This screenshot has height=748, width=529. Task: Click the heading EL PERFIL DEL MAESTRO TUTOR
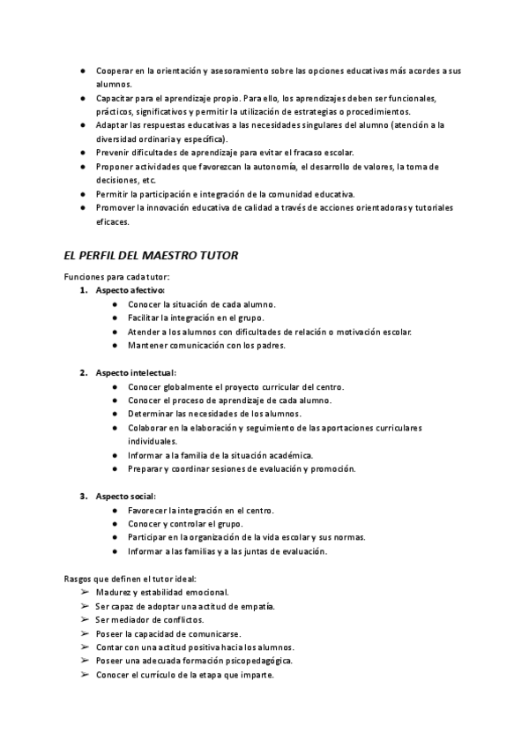point(151,256)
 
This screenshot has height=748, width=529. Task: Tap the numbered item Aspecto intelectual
point(136,373)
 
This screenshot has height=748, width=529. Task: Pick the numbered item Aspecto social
point(126,496)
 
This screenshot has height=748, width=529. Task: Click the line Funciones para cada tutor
point(116,277)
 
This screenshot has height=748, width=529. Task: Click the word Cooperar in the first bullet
point(115,70)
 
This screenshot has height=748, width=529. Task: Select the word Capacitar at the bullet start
point(116,98)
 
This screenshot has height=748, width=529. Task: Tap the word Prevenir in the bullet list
point(115,153)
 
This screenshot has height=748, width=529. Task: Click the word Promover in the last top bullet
point(116,207)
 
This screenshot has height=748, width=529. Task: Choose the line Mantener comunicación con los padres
point(206,345)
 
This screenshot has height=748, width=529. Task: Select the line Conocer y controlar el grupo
point(185,524)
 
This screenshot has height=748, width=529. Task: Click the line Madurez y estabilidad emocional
point(162,593)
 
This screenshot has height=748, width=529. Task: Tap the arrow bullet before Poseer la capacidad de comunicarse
point(85,633)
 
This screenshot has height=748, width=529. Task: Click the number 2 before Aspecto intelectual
point(84,373)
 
